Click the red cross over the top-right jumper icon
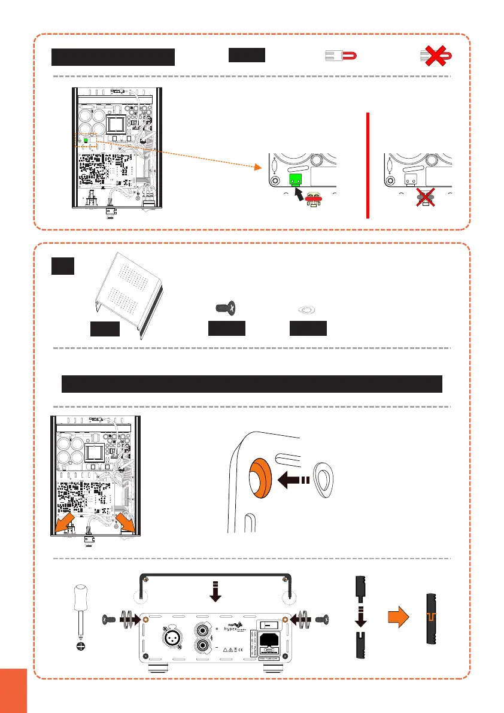coord(435,56)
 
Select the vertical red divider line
coord(367,165)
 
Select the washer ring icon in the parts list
coord(308,309)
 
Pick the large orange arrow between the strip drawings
coord(394,624)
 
